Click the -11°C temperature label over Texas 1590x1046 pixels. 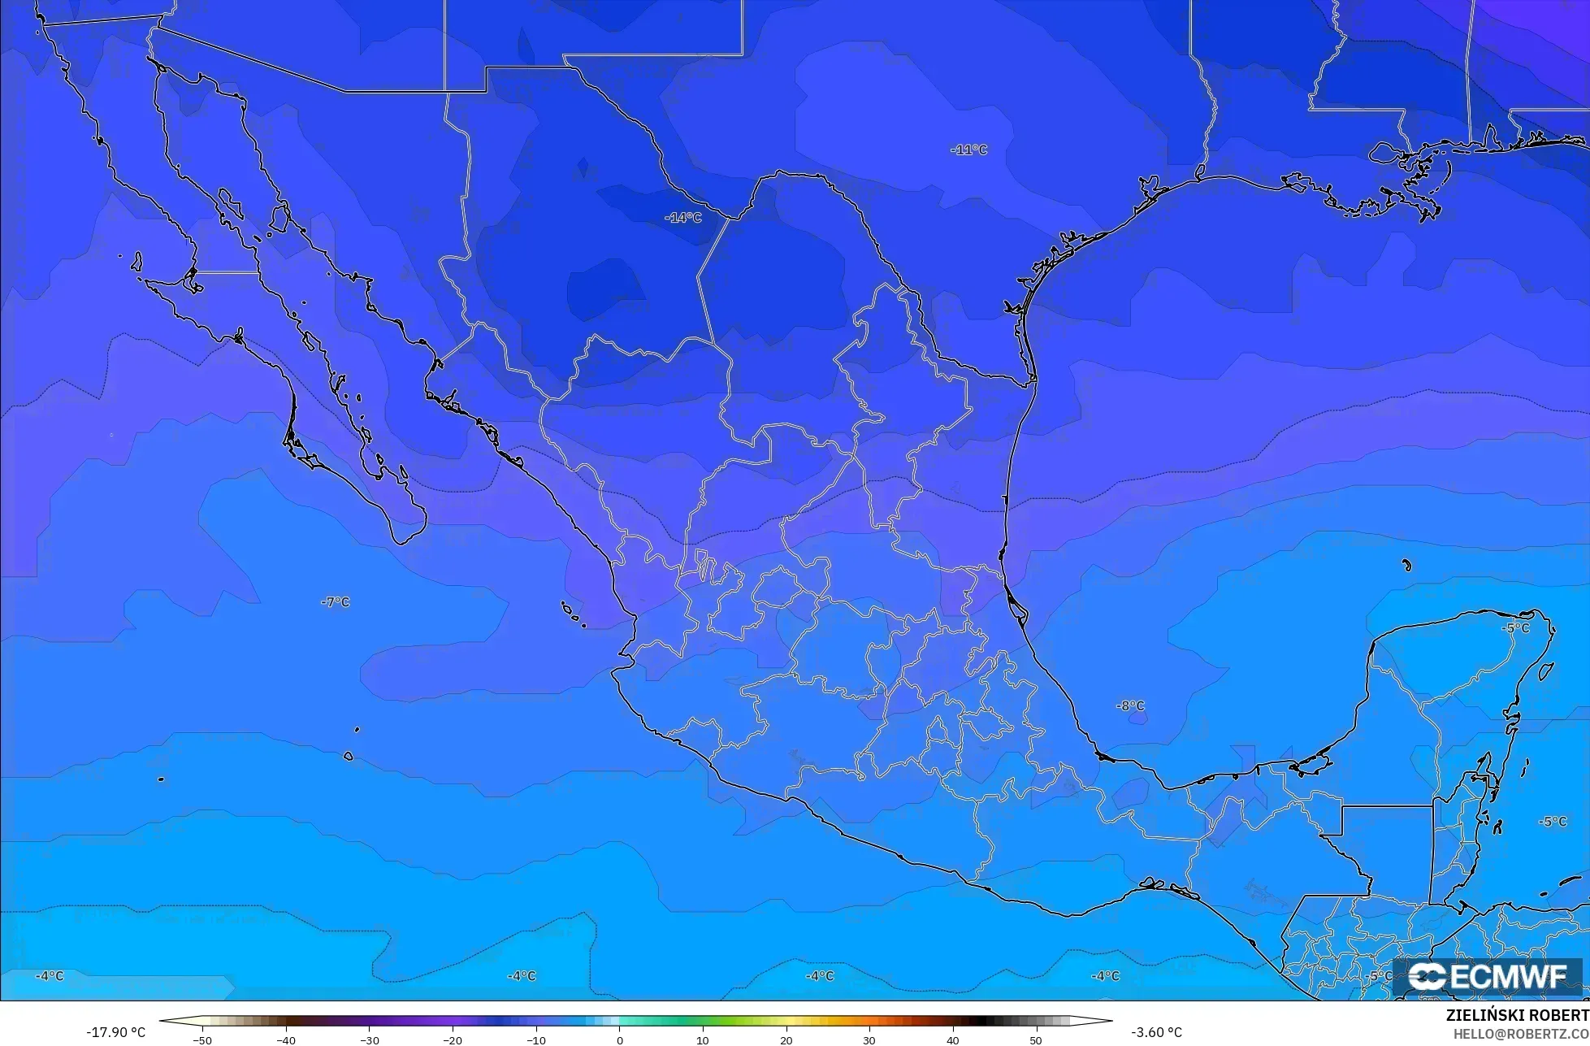[x=968, y=150]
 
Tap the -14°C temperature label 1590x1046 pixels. [x=682, y=218]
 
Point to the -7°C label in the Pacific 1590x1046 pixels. [x=335, y=602]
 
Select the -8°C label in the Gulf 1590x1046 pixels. [x=1129, y=706]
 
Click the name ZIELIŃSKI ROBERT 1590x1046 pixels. [x=1517, y=1016]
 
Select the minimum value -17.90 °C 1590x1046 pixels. [x=115, y=1032]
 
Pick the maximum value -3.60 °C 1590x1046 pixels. [x=1156, y=1032]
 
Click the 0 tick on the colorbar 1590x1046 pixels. [x=619, y=1039]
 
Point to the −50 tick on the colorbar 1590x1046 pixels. [x=201, y=1039]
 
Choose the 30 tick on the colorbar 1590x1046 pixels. [x=869, y=1039]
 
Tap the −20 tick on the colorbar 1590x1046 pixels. [x=452, y=1039]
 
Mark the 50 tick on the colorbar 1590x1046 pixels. [x=1036, y=1039]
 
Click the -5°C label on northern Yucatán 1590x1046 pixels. [x=1515, y=628]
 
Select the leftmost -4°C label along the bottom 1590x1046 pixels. [x=50, y=975]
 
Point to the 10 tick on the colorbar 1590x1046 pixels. [x=703, y=1039]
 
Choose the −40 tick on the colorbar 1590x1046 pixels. [x=285, y=1039]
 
